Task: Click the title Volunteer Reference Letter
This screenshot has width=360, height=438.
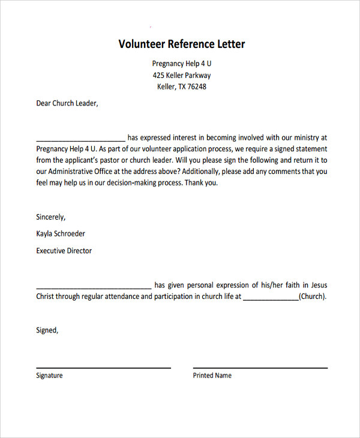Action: [x=181, y=44]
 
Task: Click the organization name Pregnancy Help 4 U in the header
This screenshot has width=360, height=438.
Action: [x=181, y=64]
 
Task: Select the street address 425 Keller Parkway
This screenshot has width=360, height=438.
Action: [x=181, y=76]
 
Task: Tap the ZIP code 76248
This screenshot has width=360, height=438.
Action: [x=197, y=87]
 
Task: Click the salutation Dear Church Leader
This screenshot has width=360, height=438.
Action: [x=67, y=103]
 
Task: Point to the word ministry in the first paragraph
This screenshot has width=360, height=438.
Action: [x=306, y=137]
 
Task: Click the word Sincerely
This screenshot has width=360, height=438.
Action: [x=51, y=217]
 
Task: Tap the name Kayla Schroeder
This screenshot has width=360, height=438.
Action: [x=61, y=234]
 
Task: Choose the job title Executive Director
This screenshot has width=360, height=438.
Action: [x=64, y=251]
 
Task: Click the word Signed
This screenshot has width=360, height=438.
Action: [x=47, y=330]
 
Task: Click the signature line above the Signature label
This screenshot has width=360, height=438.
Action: [x=103, y=367]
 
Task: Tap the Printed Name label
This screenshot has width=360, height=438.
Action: [x=212, y=376]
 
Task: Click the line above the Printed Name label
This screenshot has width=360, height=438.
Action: [x=260, y=367]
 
